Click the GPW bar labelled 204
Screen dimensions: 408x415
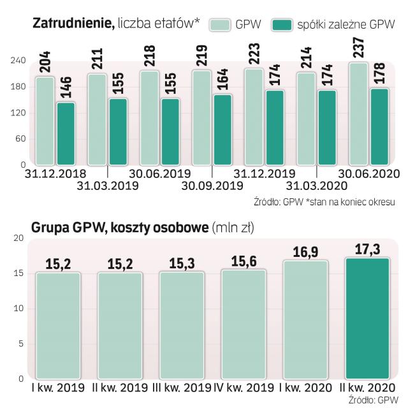[45, 121]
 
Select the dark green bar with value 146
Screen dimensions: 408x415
[66, 133]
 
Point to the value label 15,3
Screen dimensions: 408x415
[181, 263]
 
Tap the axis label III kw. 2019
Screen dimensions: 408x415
[183, 388]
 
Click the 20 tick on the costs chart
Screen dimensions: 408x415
[18, 238]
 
